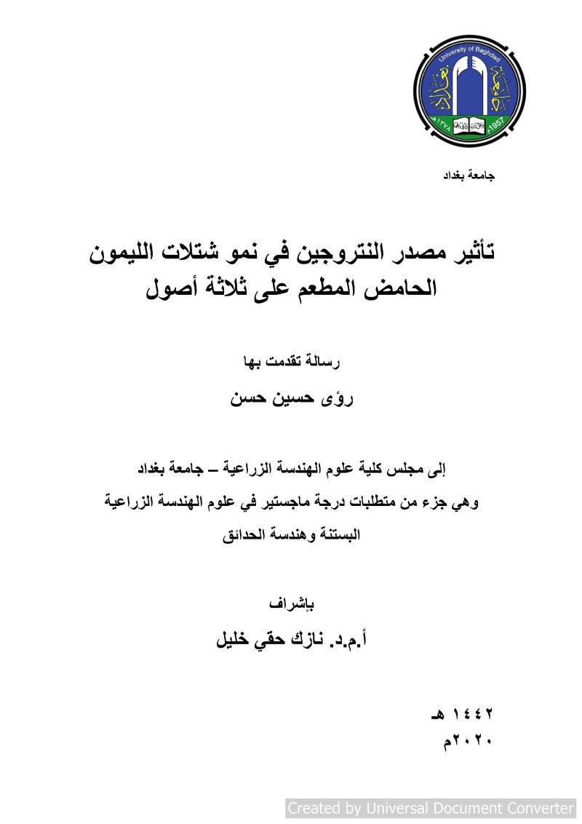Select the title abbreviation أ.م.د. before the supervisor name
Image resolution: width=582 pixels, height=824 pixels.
tap(354, 641)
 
